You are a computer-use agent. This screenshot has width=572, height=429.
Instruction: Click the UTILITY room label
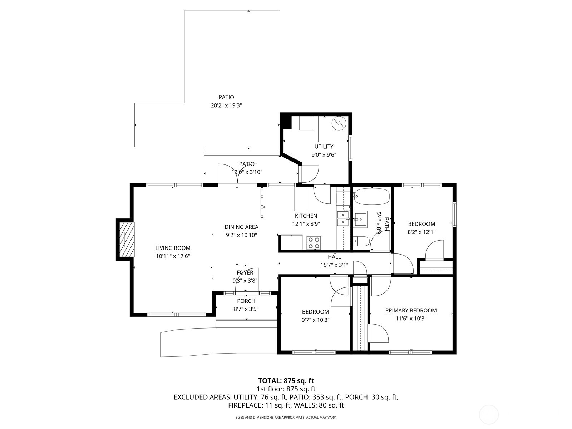pos(324,147)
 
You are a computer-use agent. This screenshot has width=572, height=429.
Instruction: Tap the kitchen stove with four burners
pos(314,243)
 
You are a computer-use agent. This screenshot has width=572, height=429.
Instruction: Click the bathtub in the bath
pos(371,196)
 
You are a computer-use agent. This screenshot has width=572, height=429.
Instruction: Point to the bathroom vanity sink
pos(360,219)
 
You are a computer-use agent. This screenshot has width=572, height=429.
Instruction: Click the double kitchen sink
pos(342,219)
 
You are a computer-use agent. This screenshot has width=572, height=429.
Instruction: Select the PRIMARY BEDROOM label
pos(411,310)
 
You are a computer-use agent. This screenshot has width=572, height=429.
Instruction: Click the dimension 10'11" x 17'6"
pos(173,256)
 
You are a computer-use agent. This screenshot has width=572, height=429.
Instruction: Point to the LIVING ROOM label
pos(173,248)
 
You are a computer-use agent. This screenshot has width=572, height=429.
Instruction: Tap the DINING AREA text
pos(241,227)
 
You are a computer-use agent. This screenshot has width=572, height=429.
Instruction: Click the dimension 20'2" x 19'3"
pos(226,105)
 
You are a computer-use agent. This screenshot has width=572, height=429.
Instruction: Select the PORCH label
pos(246,301)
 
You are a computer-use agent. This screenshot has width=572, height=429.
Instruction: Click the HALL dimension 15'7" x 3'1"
pos(334,265)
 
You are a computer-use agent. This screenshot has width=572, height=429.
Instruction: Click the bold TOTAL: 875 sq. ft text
pos(286,381)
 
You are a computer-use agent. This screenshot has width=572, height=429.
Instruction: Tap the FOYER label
pos(245,273)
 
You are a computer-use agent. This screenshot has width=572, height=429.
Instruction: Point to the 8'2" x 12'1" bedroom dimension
pos(421,232)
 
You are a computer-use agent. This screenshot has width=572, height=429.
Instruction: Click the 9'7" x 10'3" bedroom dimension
pos(315,320)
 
